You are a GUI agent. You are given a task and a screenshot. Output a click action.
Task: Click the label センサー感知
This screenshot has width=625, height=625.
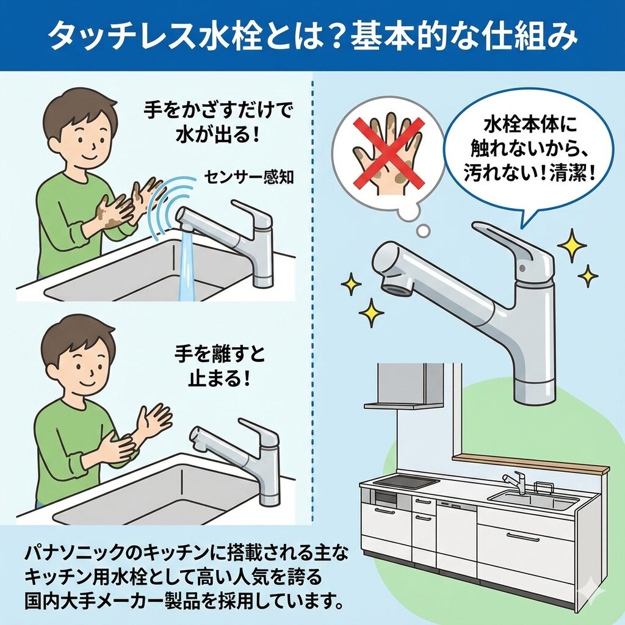249,177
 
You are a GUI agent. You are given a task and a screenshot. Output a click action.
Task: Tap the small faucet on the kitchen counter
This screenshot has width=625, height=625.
515,483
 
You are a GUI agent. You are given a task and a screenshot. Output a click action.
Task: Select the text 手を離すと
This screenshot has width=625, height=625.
220,353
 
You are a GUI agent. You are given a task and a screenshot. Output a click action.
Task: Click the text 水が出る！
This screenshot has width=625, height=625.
218,135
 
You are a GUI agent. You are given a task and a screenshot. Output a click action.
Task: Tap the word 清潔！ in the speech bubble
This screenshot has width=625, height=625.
573,174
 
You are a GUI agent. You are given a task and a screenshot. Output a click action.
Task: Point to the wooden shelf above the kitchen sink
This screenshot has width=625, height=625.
531,463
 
